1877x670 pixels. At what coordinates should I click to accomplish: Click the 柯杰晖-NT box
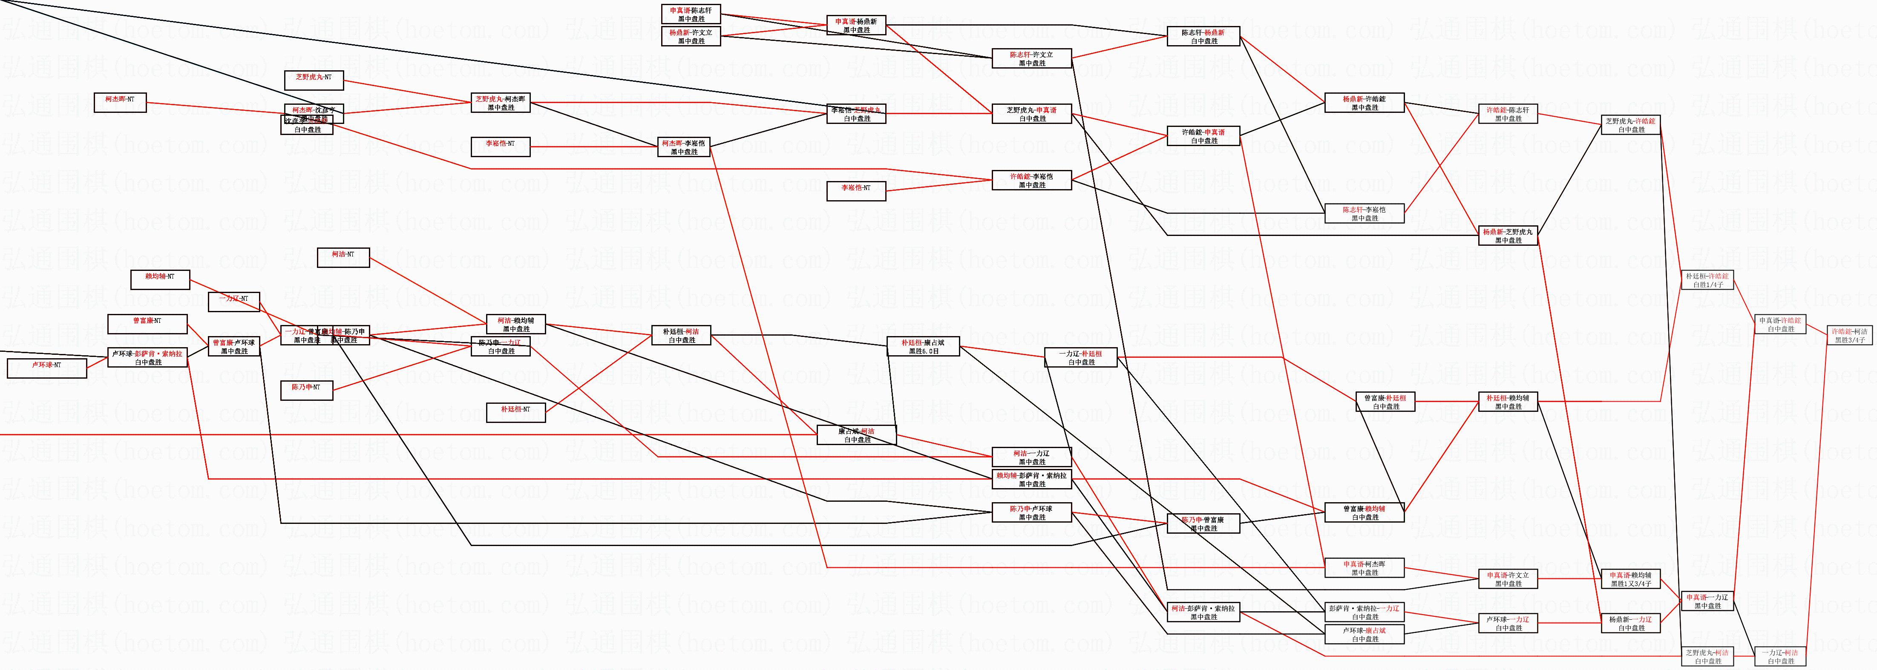(120, 103)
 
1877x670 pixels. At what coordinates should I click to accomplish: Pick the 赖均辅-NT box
(160, 280)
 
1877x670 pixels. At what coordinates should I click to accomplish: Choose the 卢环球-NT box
(46, 368)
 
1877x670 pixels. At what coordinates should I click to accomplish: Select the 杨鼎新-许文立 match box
(691, 36)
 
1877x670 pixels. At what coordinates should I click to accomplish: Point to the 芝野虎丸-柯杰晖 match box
(501, 103)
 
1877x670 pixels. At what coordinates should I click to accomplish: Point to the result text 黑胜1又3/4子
(1631, 584)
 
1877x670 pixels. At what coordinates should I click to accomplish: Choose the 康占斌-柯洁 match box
(857, 435)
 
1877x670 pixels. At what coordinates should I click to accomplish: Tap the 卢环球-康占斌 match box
(1365, 634)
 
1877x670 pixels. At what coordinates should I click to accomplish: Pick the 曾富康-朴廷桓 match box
(1385, 402)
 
